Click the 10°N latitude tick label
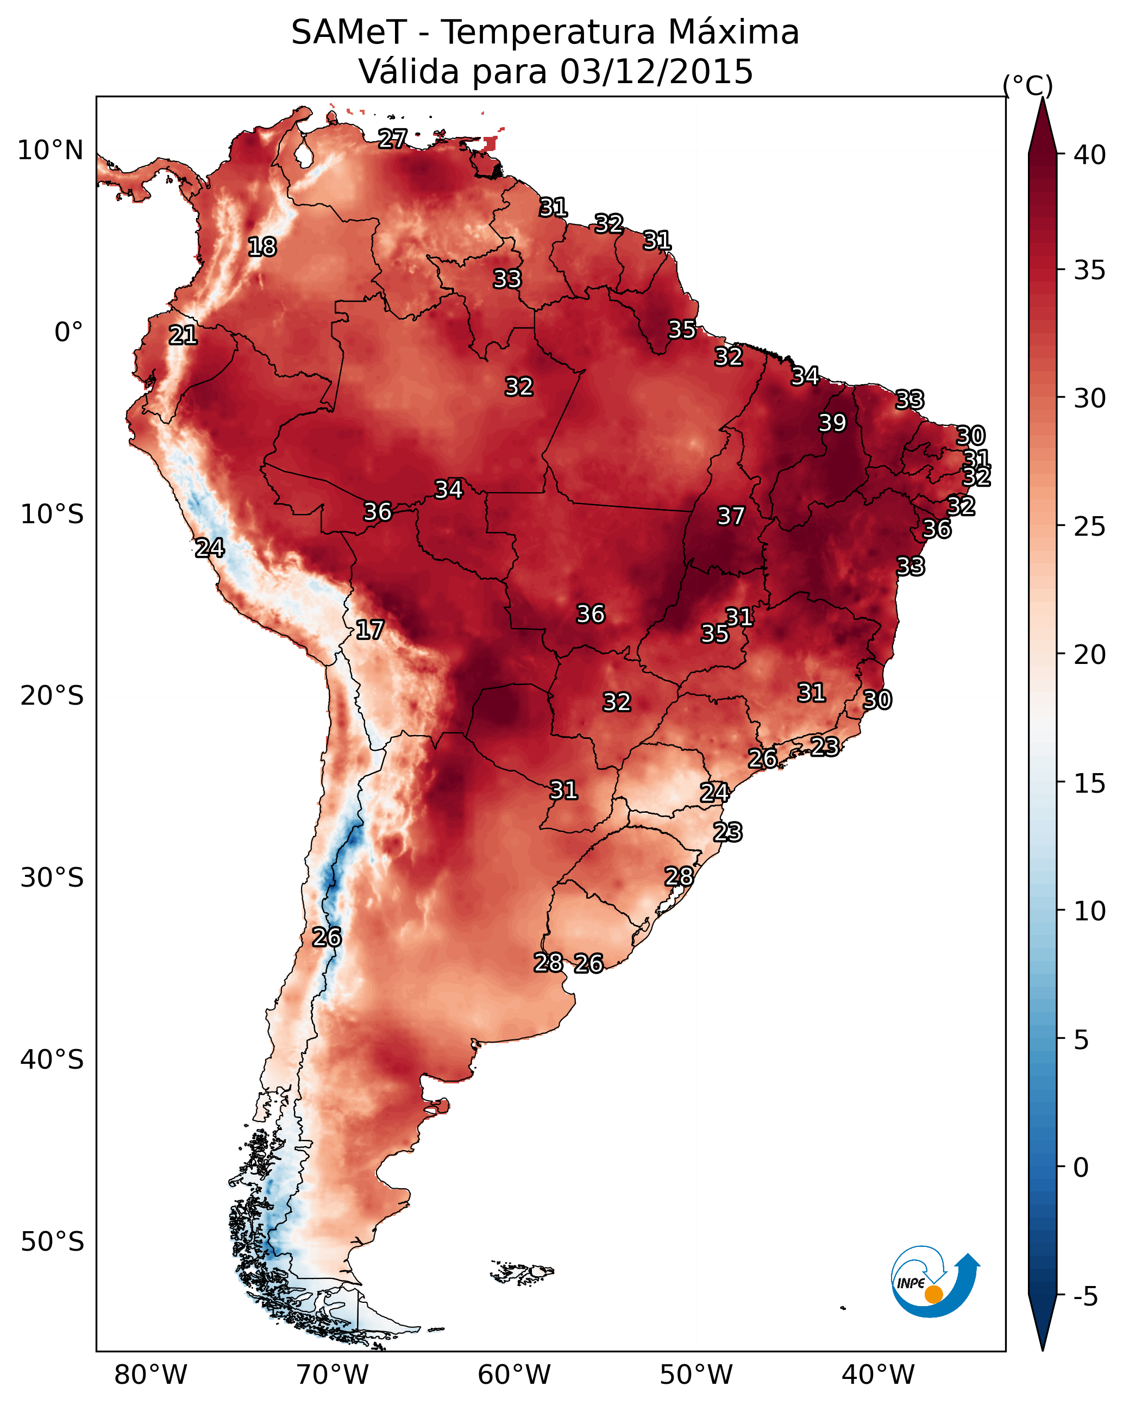(x=50, y=150)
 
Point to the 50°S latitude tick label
(x=52, y=1242)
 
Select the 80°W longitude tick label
(x=150, y=1375)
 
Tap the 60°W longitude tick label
(x=515, y=1375)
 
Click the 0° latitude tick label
(x=69, y=333)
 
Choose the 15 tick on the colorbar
(x=1090, y=783)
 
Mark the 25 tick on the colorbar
(x=1090, y=526)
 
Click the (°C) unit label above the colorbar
(x=1028, y=85)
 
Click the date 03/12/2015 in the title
(x=656, y=72)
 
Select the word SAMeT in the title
(x=349, y=33)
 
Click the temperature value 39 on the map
(x=832, y=423)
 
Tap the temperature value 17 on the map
(x=369, y=630)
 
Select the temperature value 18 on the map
(x=262, y=247)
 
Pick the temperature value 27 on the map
(x=392, y=139)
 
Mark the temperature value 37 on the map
(x=731, y=516)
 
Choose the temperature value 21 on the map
(x=183, y=336)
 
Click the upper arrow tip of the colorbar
(x=1042, y=98)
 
